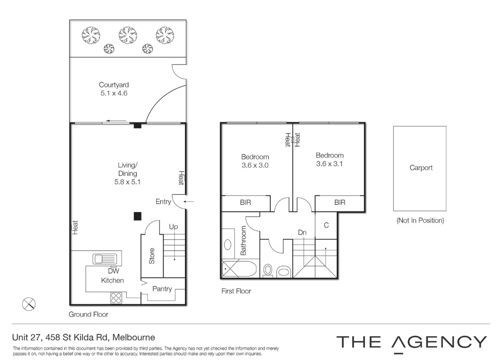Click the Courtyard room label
point(114,85)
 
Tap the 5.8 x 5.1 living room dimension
point(127,182)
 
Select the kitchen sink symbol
point(104,258)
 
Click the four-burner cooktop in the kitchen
point(116,298)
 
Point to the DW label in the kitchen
point(114,271)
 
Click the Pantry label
point(162,289)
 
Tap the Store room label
point(152,256)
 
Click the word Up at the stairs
point(173,227)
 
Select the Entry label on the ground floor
point(163,202)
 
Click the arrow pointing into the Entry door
point(189,201)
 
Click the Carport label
point(421,168)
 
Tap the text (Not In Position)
point(420,221)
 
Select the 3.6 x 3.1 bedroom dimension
point(330,164)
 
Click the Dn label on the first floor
point(303,232)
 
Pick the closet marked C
point(326,225)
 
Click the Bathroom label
point(243,240)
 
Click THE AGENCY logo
point(412,342)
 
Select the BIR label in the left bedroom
point(245,202)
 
